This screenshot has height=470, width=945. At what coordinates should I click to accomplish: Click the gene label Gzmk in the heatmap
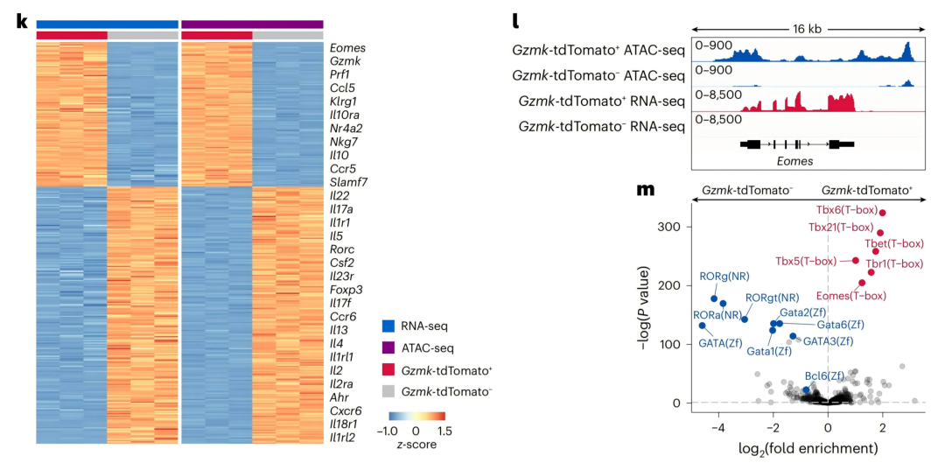(342, 61)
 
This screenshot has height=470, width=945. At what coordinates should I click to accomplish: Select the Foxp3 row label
(344, 290)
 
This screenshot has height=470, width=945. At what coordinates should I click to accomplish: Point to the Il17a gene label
(342, 208)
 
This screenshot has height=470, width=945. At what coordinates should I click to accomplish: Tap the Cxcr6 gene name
(344, 411)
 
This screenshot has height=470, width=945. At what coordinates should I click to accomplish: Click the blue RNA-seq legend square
(389, 326)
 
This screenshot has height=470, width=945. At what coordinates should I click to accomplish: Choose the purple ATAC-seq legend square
(389, 347)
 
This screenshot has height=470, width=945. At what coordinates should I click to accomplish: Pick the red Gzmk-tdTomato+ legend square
(389, 370)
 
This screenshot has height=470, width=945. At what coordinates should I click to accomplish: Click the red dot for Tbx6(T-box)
(882, 213)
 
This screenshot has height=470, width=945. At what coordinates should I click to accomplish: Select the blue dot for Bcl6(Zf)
(807, 389)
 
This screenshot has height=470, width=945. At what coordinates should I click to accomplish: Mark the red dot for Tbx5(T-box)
(855, 260)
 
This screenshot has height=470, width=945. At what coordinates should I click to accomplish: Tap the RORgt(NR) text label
(772, 298)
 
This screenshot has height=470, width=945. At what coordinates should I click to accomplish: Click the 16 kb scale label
(808, 29)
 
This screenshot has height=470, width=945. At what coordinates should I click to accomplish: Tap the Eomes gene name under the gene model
(794, 161)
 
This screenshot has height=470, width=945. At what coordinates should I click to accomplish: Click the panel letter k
(22, 22)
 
